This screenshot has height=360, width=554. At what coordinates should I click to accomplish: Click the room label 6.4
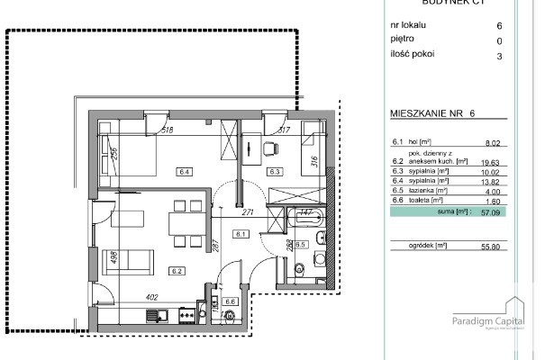coord(185,170)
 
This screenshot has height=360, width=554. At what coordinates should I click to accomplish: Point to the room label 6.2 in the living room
coord(177,270)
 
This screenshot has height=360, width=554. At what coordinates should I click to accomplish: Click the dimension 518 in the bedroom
coord(167,131)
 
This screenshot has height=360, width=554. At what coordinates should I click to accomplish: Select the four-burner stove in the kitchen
coord(188,315)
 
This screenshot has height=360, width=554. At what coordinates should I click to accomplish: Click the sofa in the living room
coord(129,260)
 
